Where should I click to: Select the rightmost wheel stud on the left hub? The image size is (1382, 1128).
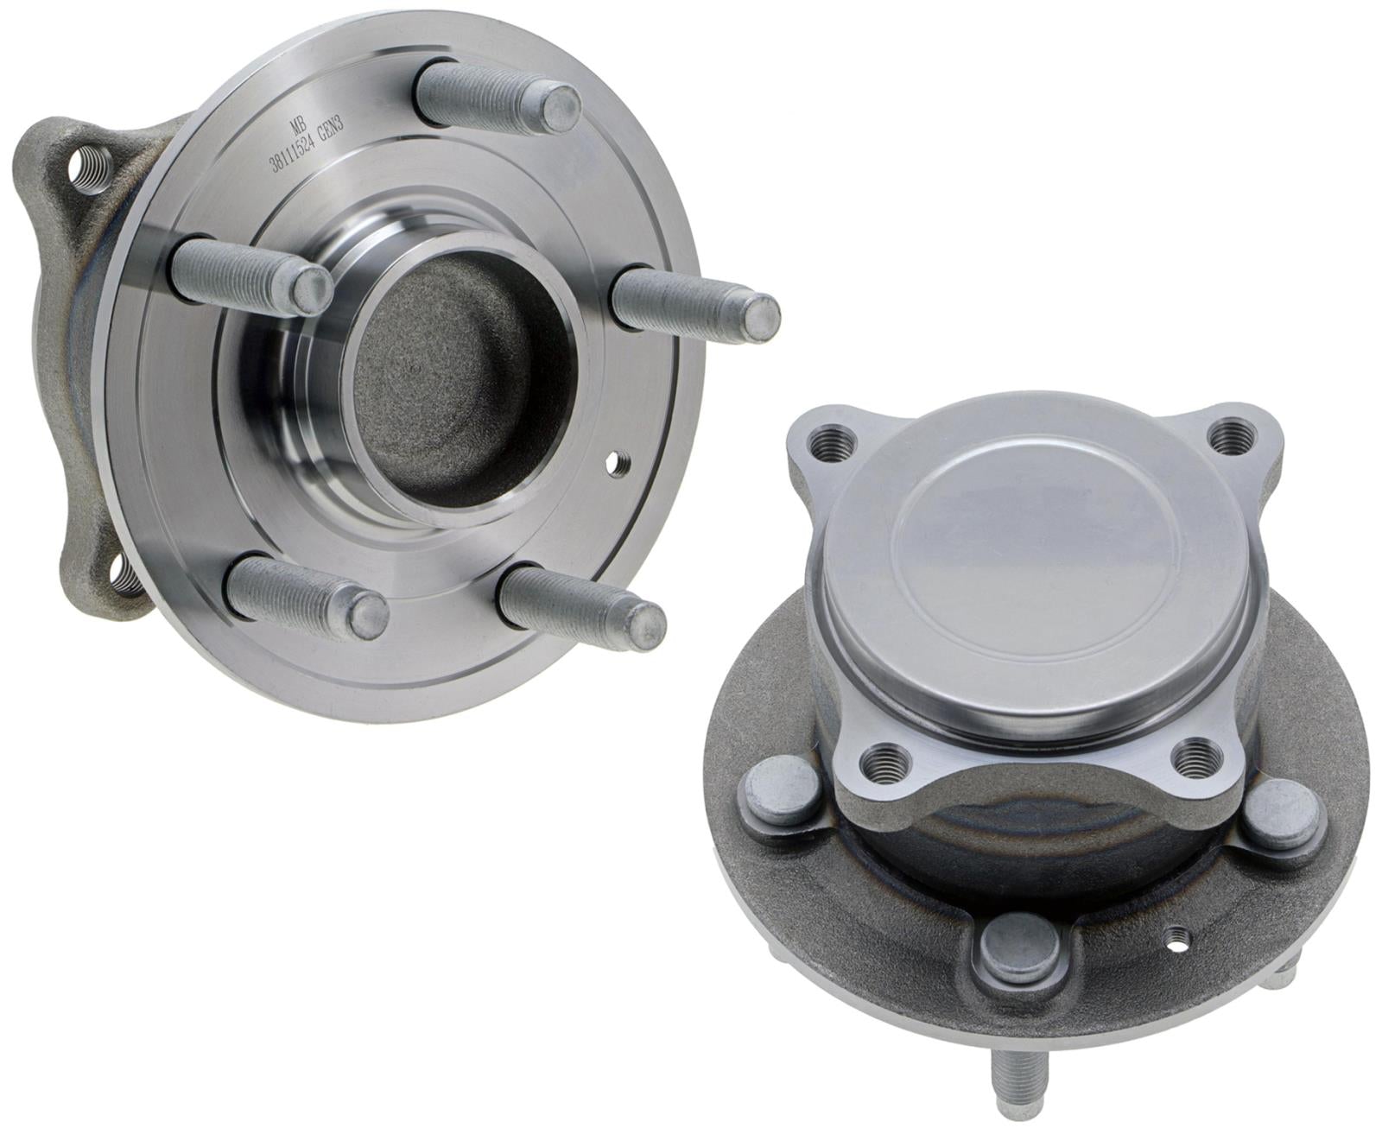696,306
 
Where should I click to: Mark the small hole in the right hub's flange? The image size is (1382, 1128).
1176,957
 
